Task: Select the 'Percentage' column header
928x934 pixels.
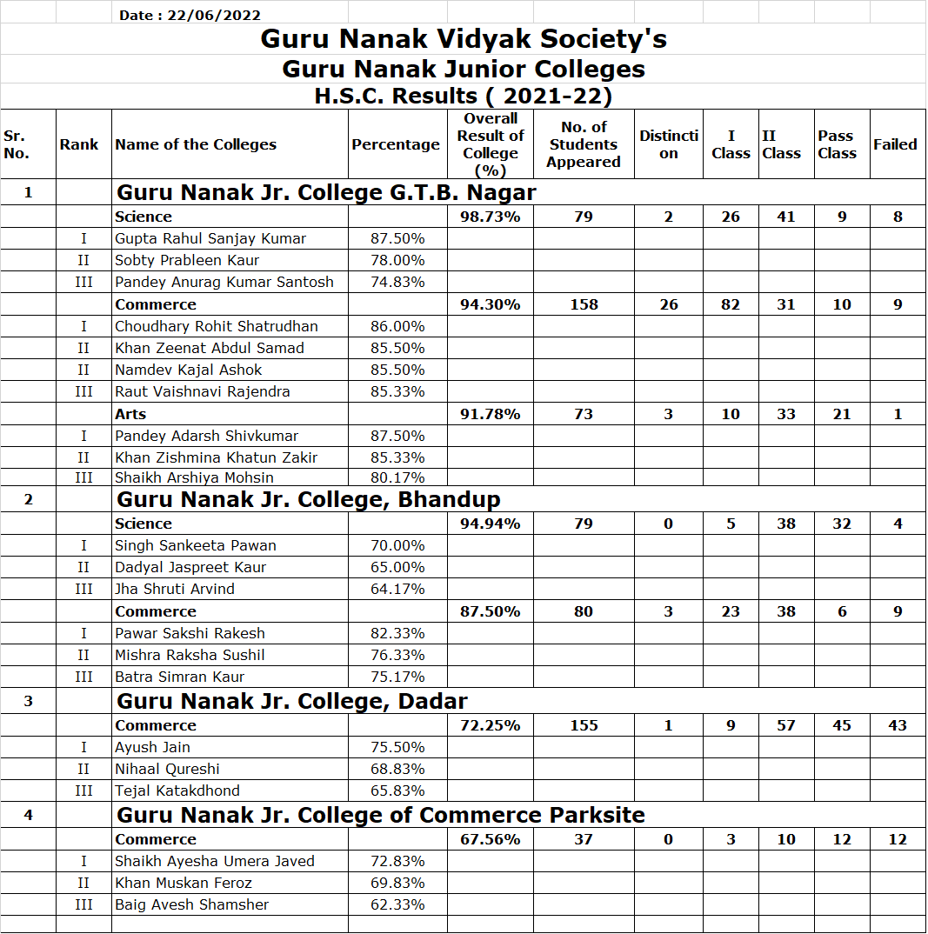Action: [396, 144]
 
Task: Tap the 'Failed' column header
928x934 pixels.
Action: [895, 144]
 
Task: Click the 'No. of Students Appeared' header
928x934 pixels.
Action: [584, 144]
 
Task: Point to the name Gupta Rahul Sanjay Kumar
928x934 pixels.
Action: [210, 238]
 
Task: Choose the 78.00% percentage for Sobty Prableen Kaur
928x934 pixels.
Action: [398, 260]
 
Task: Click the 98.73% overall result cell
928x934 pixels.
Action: [491, 217]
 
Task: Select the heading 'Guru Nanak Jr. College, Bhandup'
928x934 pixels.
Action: [309, 499]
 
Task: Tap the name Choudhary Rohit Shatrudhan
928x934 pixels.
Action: [217, 326]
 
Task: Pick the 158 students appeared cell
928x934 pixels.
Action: [584, 304]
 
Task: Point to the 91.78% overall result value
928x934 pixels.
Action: [491, 414]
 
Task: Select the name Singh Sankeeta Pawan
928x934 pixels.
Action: [196, 545]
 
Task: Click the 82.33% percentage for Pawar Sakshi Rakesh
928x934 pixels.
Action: [398, 633]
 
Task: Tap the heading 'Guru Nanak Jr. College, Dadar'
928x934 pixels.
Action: [292, 701]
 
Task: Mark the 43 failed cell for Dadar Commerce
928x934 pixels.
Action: [898, 725]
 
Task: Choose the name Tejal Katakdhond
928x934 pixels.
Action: [177, 791]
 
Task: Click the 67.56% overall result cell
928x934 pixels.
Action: [491, 839]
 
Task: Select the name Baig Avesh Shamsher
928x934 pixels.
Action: [192, 904]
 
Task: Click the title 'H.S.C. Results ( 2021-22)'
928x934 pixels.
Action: [464, 96]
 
